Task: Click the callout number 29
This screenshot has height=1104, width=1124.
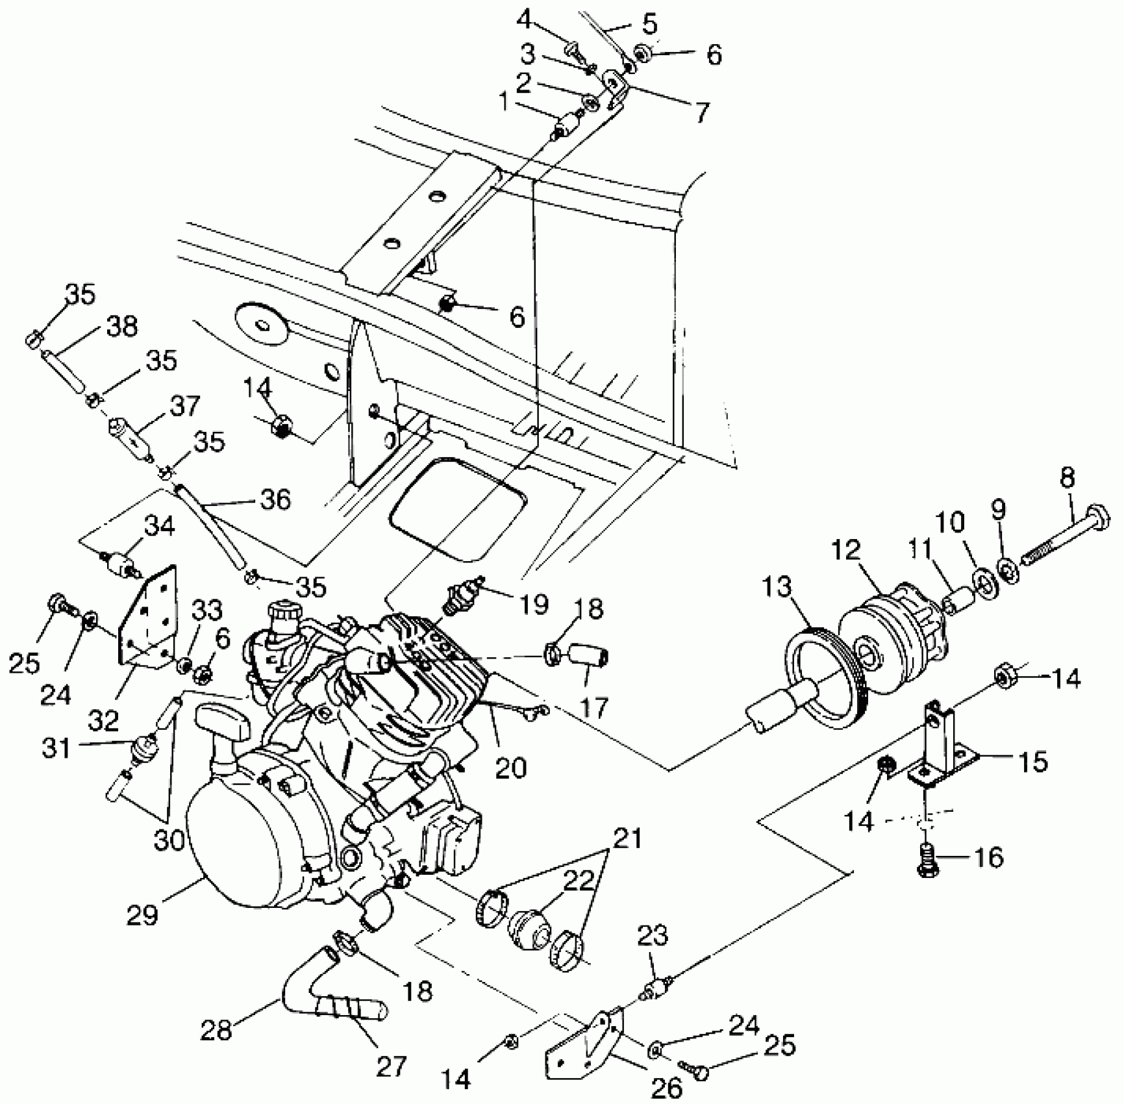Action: tap(142, 914)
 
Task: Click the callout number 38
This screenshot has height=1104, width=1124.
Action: tap(121, 326)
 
